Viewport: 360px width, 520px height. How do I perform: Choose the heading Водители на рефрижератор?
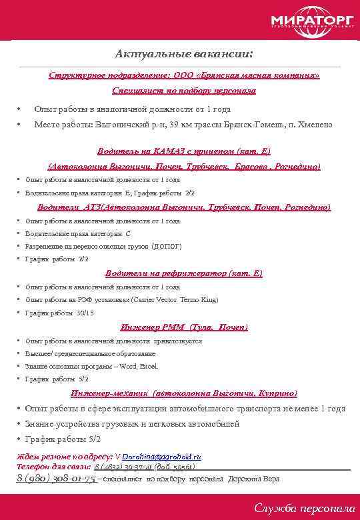pos(184,273)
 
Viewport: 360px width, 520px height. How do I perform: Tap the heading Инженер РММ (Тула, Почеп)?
pos(184,327)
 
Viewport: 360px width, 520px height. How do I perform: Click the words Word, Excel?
pos(139,367)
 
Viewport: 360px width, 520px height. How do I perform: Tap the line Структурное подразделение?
pos(183,76)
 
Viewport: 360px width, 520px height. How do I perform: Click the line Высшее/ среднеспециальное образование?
pos(90,353)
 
